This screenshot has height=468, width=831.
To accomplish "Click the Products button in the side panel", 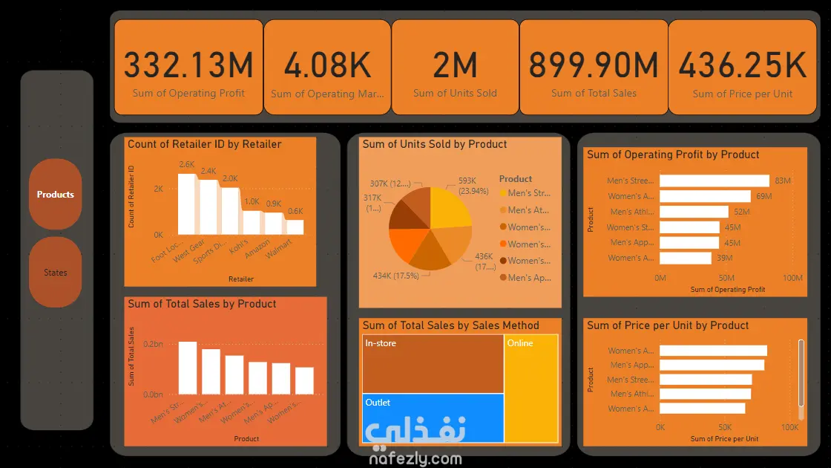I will [x=56, y=195].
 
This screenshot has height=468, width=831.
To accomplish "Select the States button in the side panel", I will [x=56, y=273].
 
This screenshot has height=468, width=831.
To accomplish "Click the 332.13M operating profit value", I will [x=188, y=65].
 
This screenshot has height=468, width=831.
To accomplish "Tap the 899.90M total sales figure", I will [x=594, y=65].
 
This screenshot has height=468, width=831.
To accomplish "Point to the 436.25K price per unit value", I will [x=742, y=65].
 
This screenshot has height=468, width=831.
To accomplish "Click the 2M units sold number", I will [x=455, y=65].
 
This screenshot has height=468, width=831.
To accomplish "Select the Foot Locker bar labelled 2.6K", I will [x=187, y=204].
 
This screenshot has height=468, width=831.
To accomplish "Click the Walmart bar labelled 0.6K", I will [x=295, y=227].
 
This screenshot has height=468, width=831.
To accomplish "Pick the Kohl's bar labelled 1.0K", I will [x=252, y=222].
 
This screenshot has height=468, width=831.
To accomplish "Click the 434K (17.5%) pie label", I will [x=396, y=276].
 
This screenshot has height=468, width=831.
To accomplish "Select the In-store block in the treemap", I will [x=433, y=364].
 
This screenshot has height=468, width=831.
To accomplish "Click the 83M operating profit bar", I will [x=715, y=181].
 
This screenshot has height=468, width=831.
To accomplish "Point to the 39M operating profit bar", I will [x=686, y=258].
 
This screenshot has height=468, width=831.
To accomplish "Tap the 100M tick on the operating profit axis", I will [x=792, y=278].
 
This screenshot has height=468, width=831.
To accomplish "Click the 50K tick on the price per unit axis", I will [x=725, y=427].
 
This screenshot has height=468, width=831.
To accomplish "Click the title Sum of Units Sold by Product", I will [x=435, y=144].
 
